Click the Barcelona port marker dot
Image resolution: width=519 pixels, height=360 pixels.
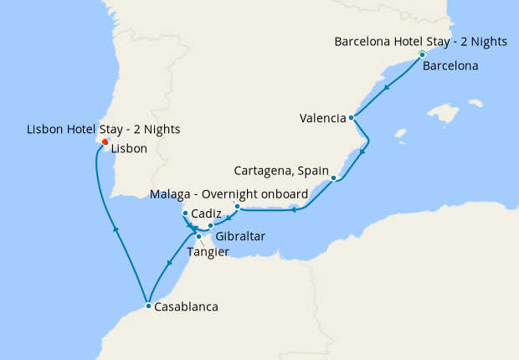(422, 54)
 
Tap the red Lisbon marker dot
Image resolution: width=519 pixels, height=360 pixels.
(105, 142)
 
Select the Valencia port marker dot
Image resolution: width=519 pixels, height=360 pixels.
(352, 118)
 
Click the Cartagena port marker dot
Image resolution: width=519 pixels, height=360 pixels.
(333, 178)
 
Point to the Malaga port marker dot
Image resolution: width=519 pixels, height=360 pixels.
(237, 206)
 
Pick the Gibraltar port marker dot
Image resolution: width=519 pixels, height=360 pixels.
(211, 226)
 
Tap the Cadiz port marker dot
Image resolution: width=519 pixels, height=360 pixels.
(185, 213)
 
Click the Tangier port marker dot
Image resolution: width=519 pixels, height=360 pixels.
(198, 237)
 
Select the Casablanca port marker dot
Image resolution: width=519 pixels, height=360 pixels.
(148, 306)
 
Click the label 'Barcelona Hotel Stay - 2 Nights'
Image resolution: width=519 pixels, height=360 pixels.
(420, 41)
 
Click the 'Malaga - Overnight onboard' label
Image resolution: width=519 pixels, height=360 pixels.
(229, 194)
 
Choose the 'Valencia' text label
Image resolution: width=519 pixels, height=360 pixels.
(322, 118)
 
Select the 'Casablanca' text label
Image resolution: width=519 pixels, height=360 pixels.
(186, 307)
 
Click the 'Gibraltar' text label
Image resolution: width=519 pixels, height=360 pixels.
(240, 237)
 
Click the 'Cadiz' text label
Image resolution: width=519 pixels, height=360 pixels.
(207, 213)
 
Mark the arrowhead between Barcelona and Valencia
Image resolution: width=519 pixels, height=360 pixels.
(385, 87)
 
